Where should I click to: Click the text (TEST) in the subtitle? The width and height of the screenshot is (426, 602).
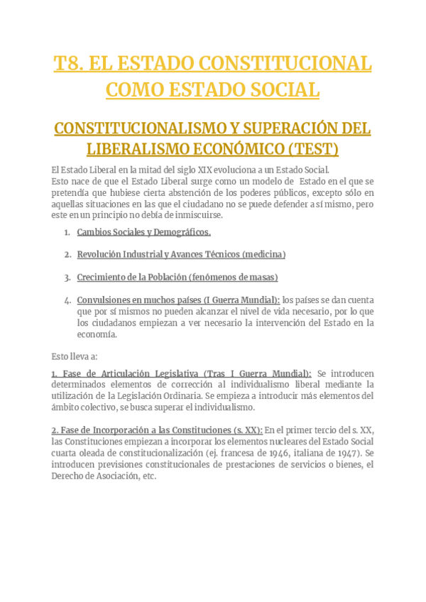[x=313, y=149]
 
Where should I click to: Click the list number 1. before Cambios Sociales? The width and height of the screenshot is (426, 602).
[x=67, y=232]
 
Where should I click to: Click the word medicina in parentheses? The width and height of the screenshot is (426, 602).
[x=263, y=254]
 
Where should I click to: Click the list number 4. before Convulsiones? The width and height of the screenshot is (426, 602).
[x=67, y=300]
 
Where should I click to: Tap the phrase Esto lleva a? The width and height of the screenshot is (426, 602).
[x=75, y=356]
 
